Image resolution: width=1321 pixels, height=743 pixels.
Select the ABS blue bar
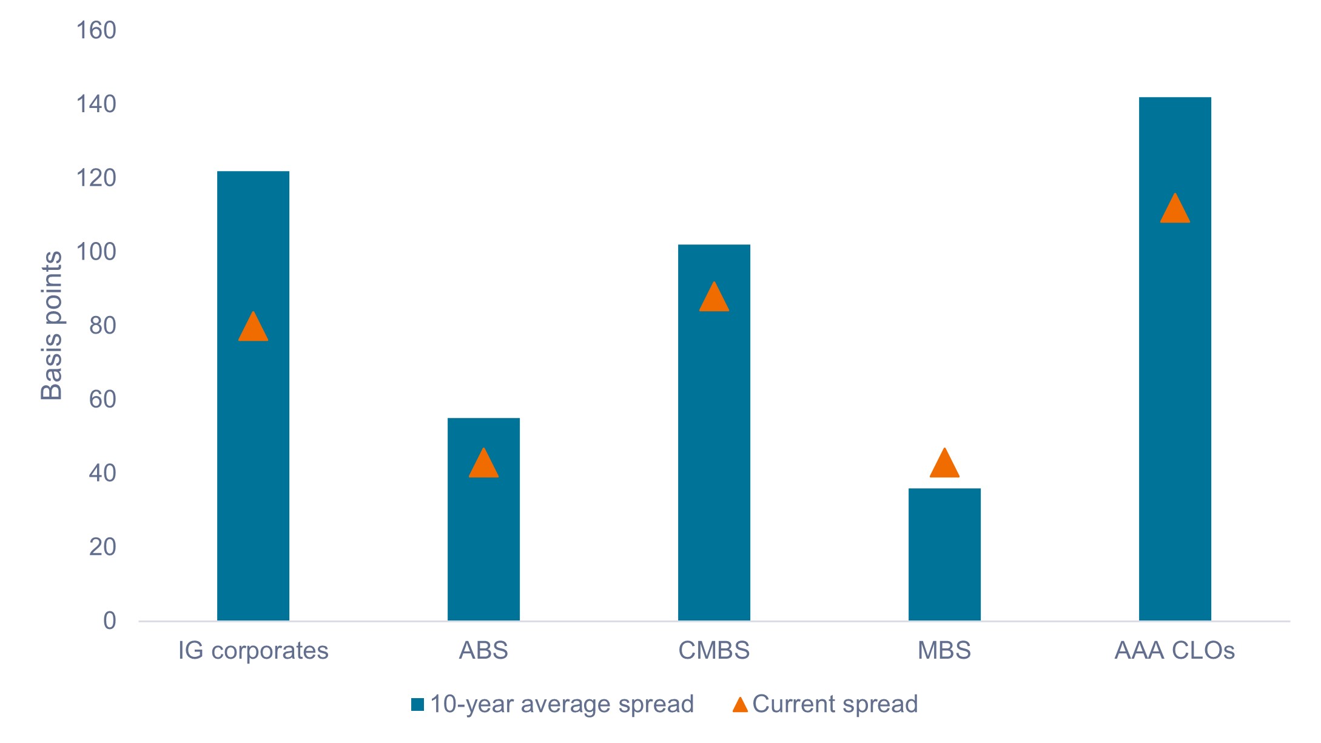[x=483, y=546]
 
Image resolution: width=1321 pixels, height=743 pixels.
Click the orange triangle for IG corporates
[x=253, y=328]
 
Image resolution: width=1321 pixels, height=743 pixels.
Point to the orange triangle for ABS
[x=483, y=465]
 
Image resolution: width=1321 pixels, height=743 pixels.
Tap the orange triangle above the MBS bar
[x=944, y=465]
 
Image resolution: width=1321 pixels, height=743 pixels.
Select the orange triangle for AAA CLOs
[x=1175, y=210]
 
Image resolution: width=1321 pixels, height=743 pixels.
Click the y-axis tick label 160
[x=96, y=30]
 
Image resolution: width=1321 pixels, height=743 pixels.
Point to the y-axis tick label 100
[x=96, y=252]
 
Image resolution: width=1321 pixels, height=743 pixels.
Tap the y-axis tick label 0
[x=109, y=620]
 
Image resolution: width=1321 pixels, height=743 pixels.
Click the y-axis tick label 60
[x=102, y=399]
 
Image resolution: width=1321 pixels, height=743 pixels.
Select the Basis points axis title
[x=52, y=326]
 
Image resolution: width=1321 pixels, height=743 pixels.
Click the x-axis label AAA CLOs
[x=1174, y=650]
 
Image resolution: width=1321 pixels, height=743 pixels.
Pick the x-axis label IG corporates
[x=253, y=650]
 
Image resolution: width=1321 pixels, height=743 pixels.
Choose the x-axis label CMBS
[x=714, y=650]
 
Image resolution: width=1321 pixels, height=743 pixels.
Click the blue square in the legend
[x=417, y=704]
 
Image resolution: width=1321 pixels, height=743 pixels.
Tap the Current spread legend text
[x=835, y=704]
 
